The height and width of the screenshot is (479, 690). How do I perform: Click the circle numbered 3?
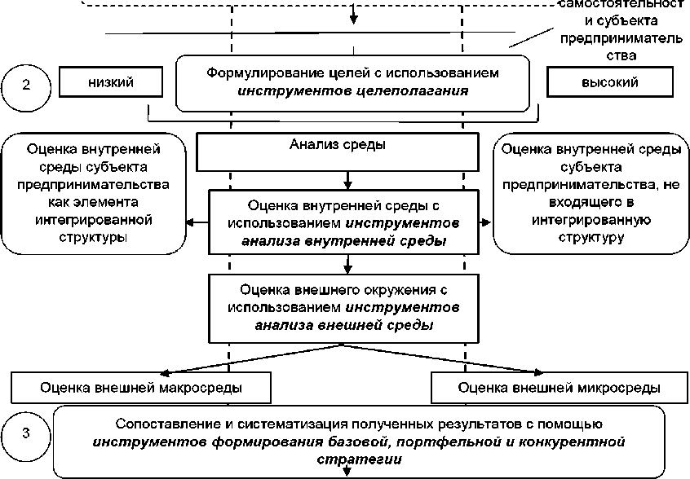click(x=26, y=433)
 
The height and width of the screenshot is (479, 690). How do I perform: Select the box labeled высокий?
click(x=609, y=82)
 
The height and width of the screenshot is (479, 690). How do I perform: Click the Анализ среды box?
click(x=338, y=146)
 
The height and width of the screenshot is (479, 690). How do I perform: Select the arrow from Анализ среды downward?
click(x=348, y=179)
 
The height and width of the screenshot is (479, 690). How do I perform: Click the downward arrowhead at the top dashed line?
click(x=353, y=17)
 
